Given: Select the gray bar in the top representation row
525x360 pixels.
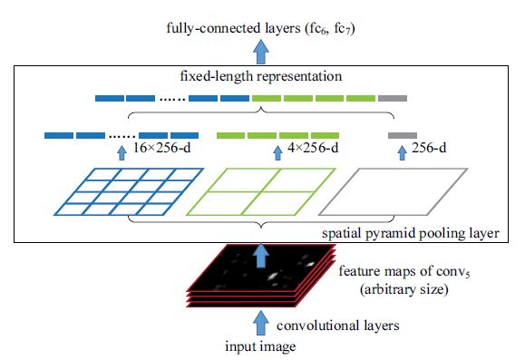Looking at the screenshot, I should tap(393, 98).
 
